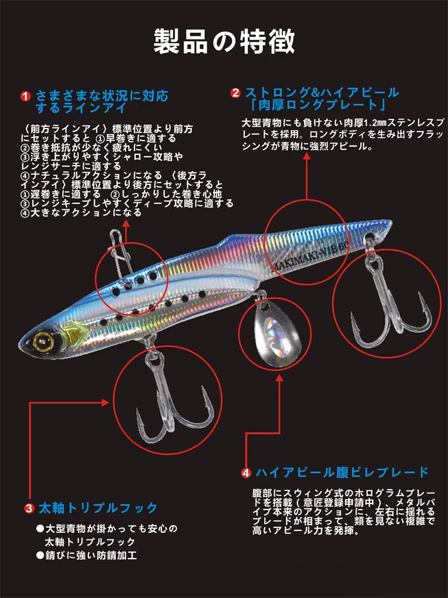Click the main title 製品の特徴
(x=224, y=41)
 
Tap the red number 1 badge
(x=25, y=96)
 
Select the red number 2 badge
(x=235, y=93)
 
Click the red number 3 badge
(x=29, y=509)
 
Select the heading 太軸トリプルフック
(x=98, y=508)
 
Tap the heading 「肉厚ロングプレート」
(x=317, y=105)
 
